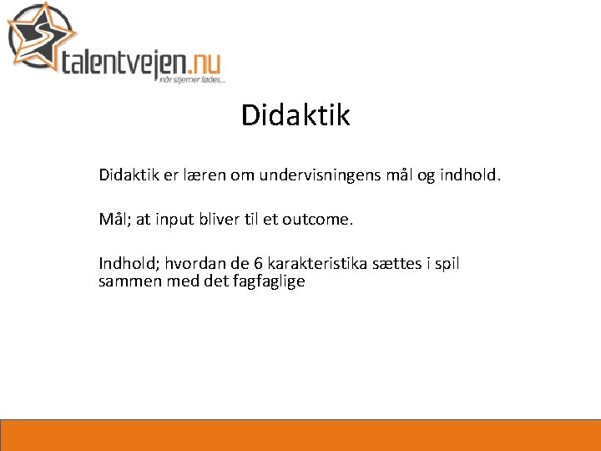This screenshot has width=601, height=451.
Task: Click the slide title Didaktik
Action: click(295, 115)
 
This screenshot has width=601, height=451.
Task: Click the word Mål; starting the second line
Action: click(113, 220)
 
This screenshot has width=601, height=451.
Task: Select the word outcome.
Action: click(318, 220)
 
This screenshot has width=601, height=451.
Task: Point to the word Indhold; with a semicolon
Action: click(129, 265)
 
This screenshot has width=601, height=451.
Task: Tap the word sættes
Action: click(401, 265)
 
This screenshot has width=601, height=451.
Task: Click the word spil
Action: click(447, 265)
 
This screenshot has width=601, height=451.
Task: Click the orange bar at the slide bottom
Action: click(300, 435)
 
